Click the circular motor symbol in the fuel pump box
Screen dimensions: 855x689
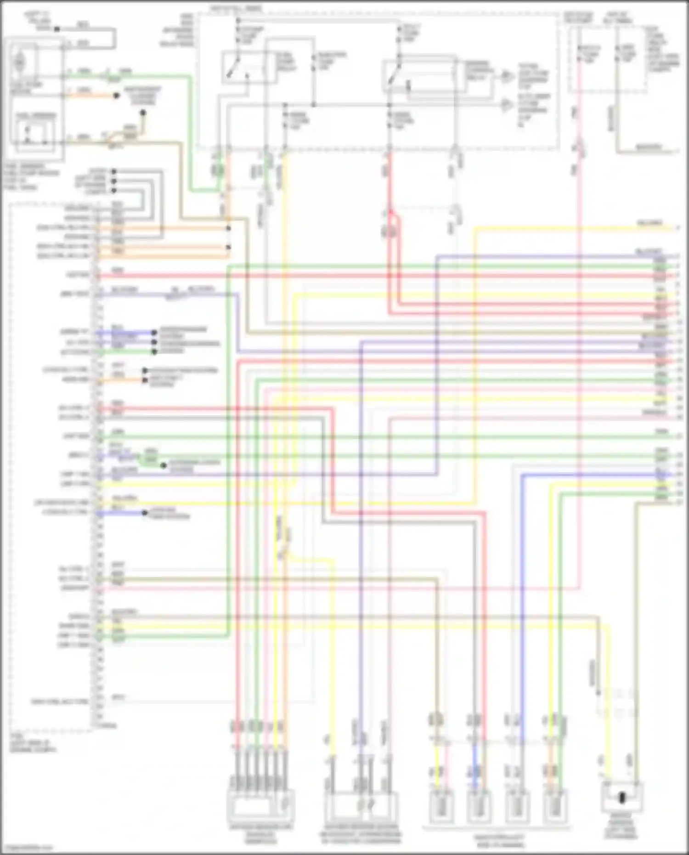[x=19, y=62]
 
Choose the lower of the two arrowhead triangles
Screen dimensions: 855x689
[x=506, y=105]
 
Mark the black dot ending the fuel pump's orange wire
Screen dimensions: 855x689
[x=117, y=96]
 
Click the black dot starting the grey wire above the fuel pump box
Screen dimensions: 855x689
[x=57, y=29]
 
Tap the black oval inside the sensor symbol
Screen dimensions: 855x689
[x=622, y=798]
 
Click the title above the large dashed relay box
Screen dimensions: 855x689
[x=236, y=9]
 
